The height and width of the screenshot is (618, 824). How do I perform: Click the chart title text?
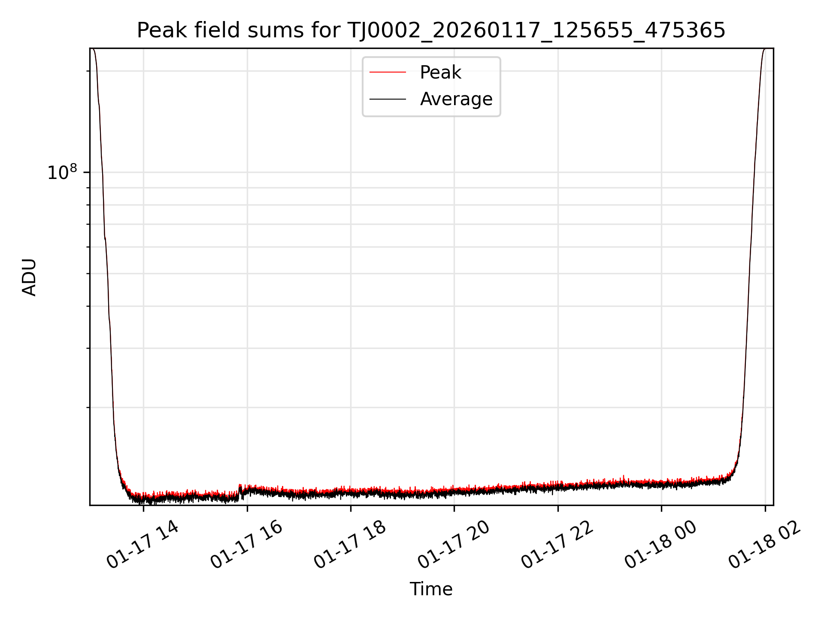(x=431, y=31)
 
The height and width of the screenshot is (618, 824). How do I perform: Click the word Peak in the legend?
(x=440, y=73)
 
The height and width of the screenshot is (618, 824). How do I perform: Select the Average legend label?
(x=456, y=99)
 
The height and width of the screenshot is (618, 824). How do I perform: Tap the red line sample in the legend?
(x=388, y=73)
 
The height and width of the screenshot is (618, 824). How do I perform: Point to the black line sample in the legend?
(x=388, y=99)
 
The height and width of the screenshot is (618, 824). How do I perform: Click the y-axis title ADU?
(x=29, y=277)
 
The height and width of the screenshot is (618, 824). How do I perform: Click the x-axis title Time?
(x=431, y=589)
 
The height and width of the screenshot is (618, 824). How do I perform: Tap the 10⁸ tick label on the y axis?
(x=62, y=173)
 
